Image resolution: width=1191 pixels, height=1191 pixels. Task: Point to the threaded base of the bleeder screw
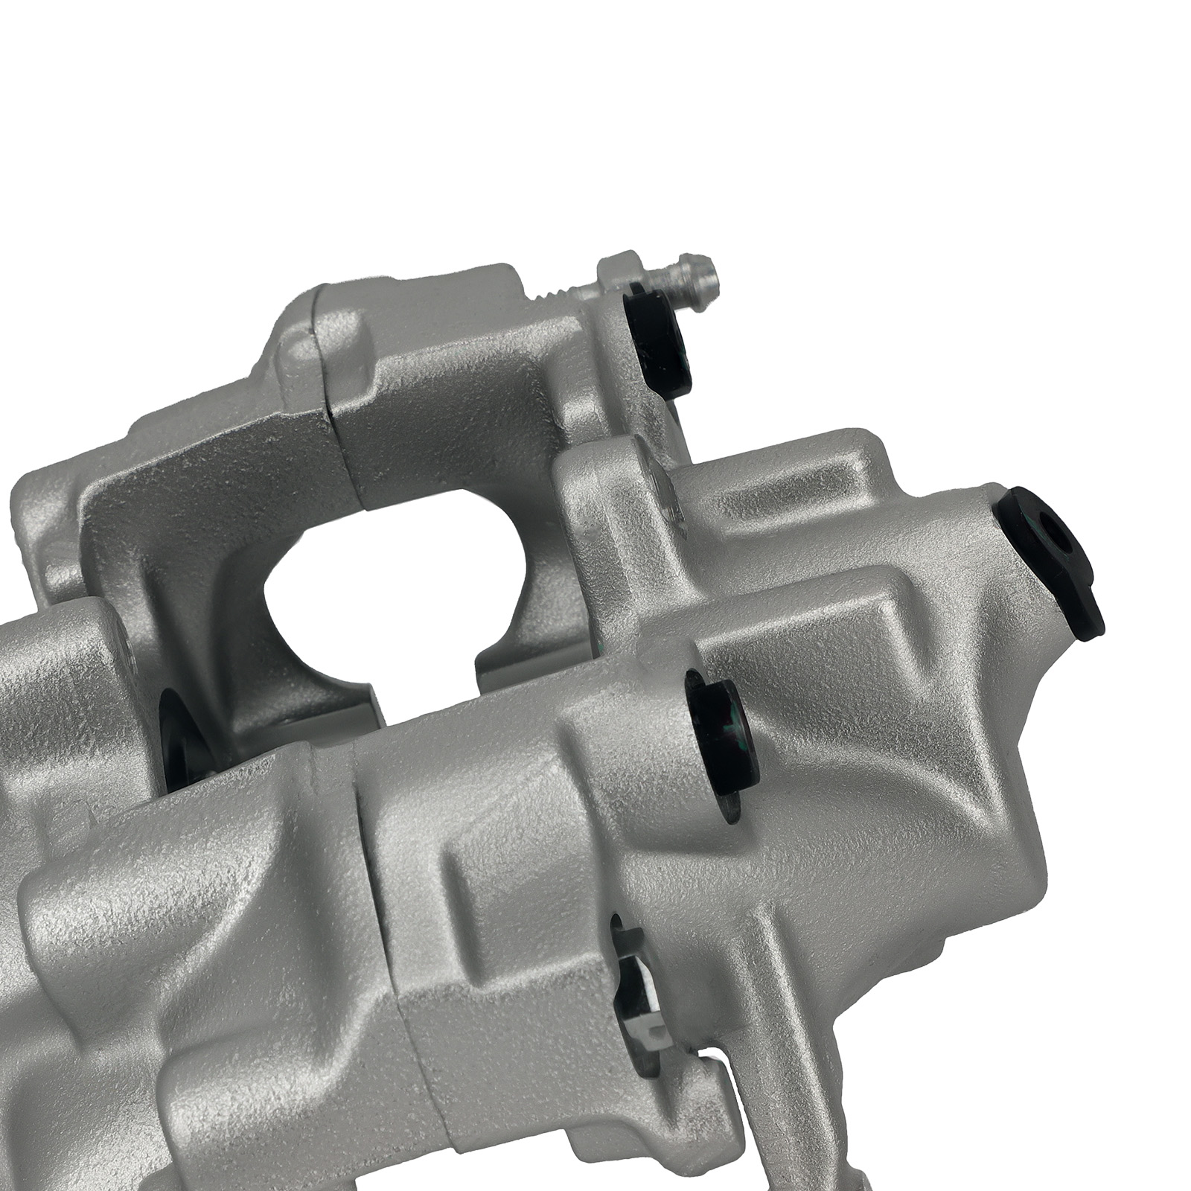(x=555, y=294)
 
